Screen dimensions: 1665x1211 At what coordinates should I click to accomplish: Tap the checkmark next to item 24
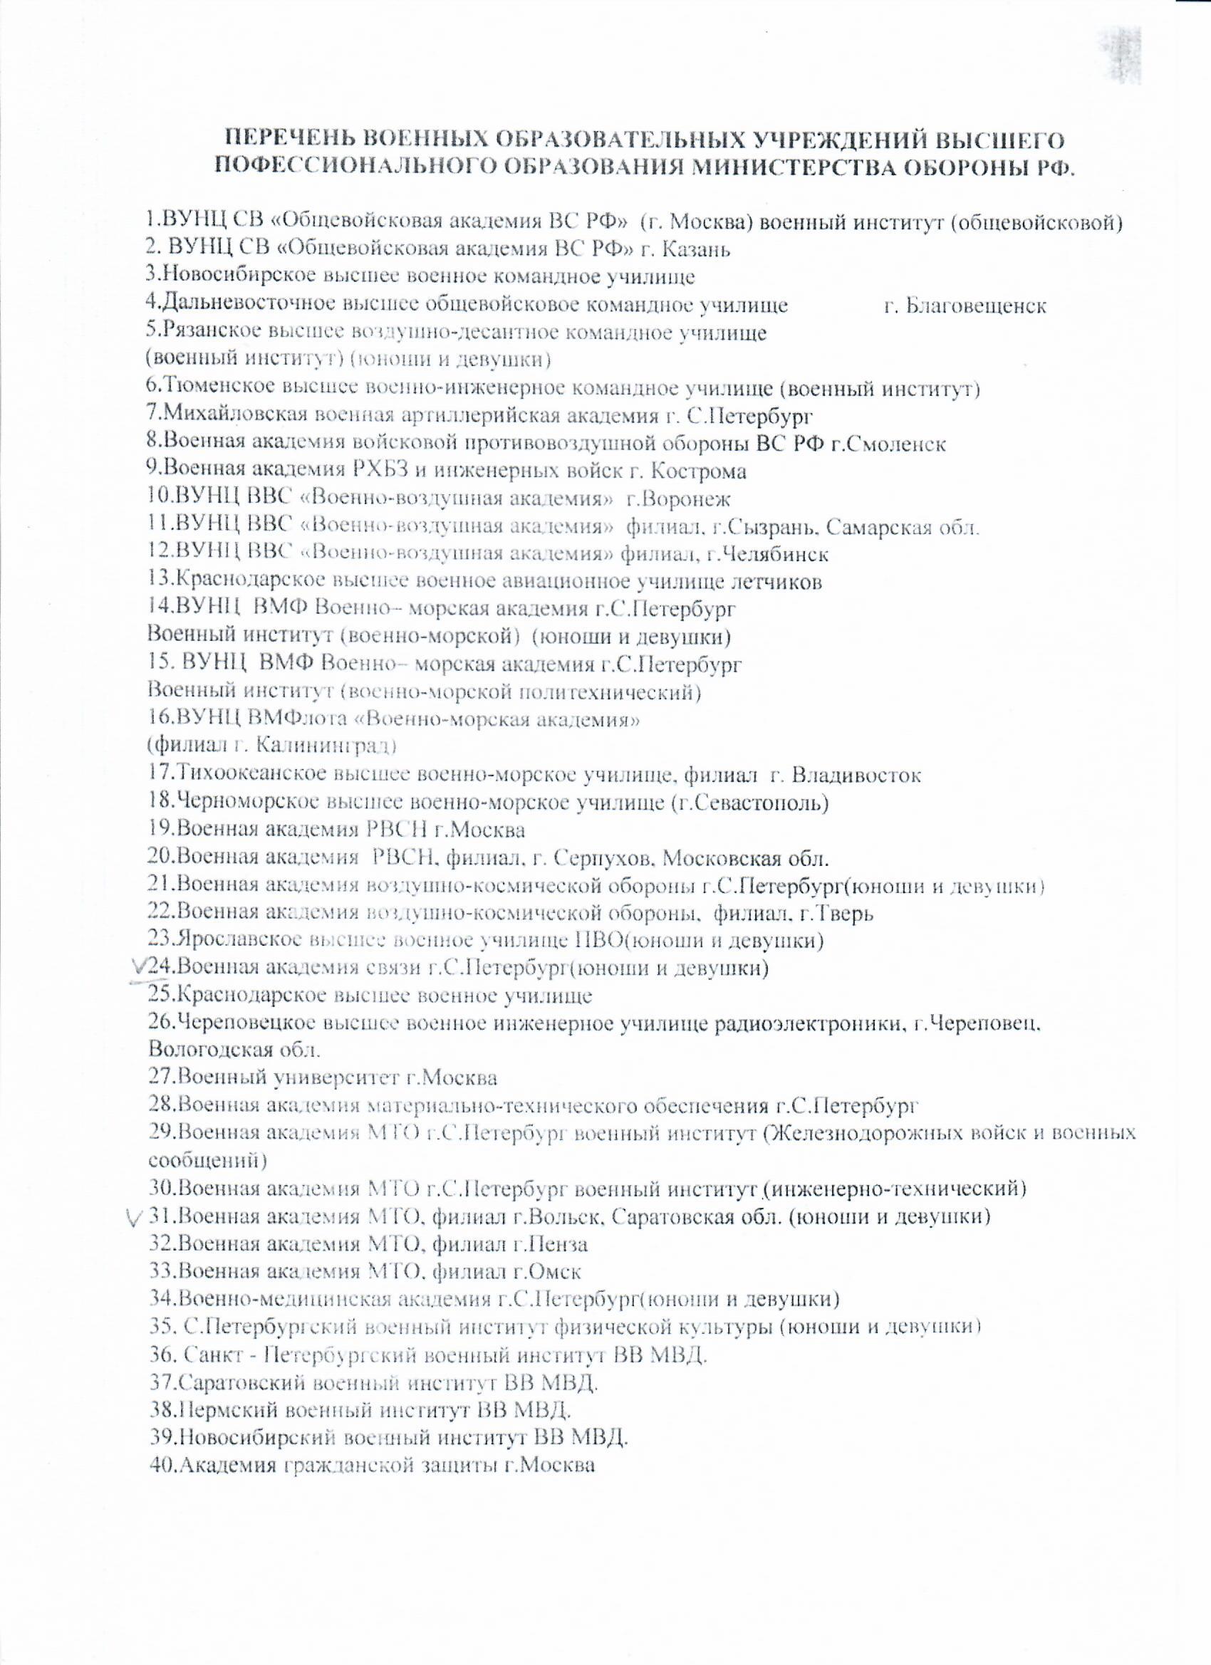pos(137,969)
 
